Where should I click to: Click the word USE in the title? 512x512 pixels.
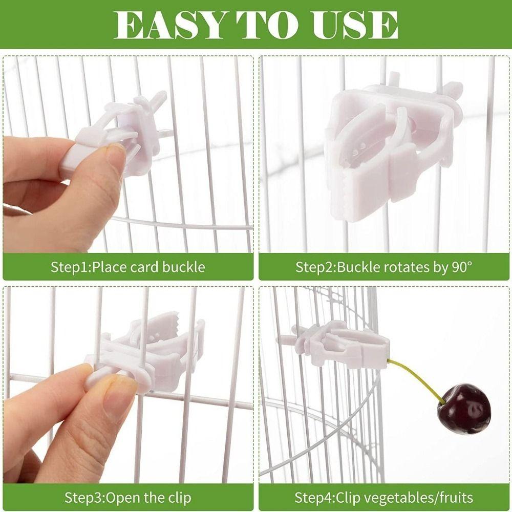pyautogui.click(x=353, y=24)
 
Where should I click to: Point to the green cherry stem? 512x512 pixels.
pyautogui.click(x=415, y=379)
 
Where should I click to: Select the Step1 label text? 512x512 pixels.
pyautogui.click(x=70, y=267)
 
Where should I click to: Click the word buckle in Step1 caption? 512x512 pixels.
pyautogui.click(x=184, y=267)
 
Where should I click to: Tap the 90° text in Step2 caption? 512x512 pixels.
pyautogui.click(x=459, y=267)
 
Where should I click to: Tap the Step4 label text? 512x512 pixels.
pyautogui.click(x=313, y=497)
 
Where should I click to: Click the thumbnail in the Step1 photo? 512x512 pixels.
pyautogui.click(x=116, y=154)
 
